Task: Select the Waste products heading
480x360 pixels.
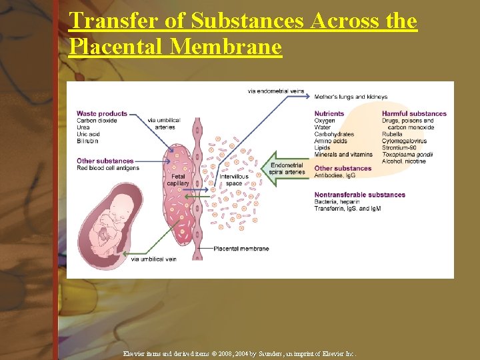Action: click(x=101, y=114)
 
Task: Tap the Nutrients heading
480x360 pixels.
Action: click(x=329, y=114)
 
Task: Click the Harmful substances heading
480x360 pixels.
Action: click(x=414, y=114)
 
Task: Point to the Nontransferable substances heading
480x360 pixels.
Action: click(x=359, y=195)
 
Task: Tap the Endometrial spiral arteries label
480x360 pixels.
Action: click(x=288, y=169)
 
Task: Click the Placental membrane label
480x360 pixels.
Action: click(x=241, y=249)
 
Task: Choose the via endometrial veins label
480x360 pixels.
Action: click(x=275, y=90)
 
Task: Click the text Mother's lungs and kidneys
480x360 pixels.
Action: click(x=351, y=97)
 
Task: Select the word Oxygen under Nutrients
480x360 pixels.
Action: click(x=325, y=121)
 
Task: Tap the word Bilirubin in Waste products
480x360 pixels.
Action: click(x=87, y=141)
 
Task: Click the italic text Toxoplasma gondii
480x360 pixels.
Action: click(x=407, y=155)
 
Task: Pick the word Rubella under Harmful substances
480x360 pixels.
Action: click(x=392, y=134)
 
